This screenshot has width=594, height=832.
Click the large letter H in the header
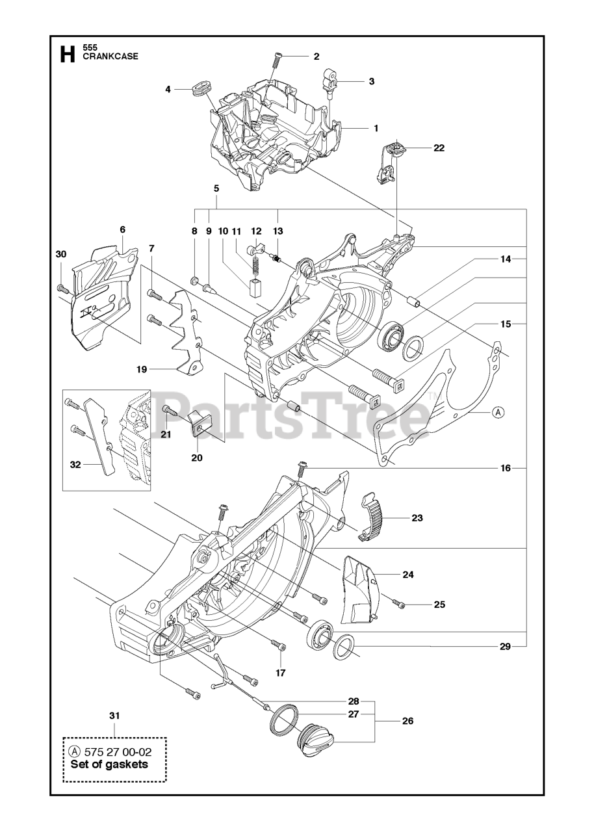(x=67, y=54)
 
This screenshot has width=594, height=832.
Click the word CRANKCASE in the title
(x=110, y=57)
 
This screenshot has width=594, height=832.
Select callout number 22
(x=439, y=148)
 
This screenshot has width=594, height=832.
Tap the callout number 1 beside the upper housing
(x=376, y=128)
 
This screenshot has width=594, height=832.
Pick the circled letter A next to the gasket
(x=497, y=411)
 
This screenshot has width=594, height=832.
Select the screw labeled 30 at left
(x=62, y=288)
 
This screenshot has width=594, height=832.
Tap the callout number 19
(x=141, y=369)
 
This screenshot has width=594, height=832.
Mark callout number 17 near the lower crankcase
(x=280, y=673)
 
